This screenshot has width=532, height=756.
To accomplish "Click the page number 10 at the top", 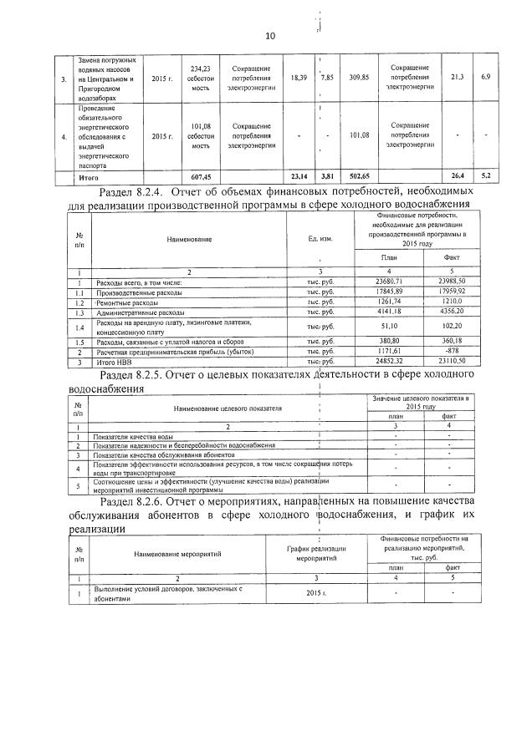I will pos(269,35).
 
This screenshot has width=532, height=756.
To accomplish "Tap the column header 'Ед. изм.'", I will pos(320,240).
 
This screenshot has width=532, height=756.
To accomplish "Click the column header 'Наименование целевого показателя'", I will pos(228,408).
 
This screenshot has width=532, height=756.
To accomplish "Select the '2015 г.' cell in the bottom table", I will pos(315,593).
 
